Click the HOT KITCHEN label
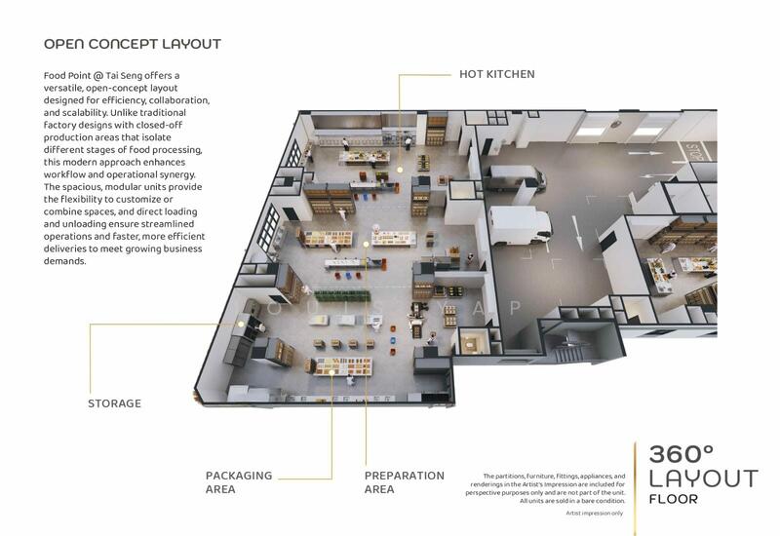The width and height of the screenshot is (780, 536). tap(497, 74)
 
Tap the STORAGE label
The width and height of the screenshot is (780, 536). tap(114, 403)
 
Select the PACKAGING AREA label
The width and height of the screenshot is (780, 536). tap(239, 482)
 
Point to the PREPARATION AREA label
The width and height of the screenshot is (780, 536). tap(405, 482)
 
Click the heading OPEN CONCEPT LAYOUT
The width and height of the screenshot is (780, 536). tap(133, 44)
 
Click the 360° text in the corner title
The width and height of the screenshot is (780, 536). tap(681, 454)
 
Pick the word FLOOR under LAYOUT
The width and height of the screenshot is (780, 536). tap(673, 499)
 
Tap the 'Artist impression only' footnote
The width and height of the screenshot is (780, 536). tap(595, 514)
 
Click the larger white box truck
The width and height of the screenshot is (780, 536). tap(520, 226)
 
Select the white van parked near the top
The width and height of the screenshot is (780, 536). tap(516, 177)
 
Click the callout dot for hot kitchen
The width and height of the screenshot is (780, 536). tap(400, 170)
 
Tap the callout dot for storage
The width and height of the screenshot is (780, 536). tap(241, 324)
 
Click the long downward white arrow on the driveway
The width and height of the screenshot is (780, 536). tap(577, 233)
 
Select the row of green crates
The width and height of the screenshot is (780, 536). tap(342, 296)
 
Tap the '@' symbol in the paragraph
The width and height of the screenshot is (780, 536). tap(98, 76)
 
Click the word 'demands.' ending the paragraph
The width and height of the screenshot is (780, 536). tap(64, 261)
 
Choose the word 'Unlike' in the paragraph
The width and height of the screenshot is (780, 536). tap(124, 112)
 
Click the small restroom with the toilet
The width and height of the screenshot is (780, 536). tap(470, 342)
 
